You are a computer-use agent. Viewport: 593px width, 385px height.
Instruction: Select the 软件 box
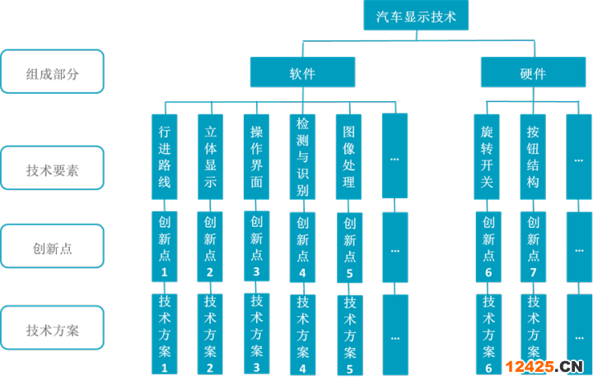302,73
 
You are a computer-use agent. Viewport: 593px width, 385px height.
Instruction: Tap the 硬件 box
533,73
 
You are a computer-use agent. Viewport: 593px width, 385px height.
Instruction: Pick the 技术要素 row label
53,171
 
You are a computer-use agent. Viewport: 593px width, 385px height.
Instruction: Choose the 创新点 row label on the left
53,248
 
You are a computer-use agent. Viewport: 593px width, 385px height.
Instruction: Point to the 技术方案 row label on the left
53,331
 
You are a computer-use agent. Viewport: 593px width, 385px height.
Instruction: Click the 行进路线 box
165,156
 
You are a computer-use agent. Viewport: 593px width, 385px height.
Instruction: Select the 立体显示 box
211,156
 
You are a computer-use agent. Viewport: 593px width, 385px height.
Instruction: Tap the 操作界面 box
257,156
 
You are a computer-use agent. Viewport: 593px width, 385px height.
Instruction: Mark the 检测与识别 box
303,156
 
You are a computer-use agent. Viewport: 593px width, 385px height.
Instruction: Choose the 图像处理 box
349,156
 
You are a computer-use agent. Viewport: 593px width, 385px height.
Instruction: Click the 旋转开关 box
488,156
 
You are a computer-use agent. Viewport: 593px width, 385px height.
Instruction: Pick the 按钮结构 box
533,156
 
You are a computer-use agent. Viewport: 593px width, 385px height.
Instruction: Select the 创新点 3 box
257,246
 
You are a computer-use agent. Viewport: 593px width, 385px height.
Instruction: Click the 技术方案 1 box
165,333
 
